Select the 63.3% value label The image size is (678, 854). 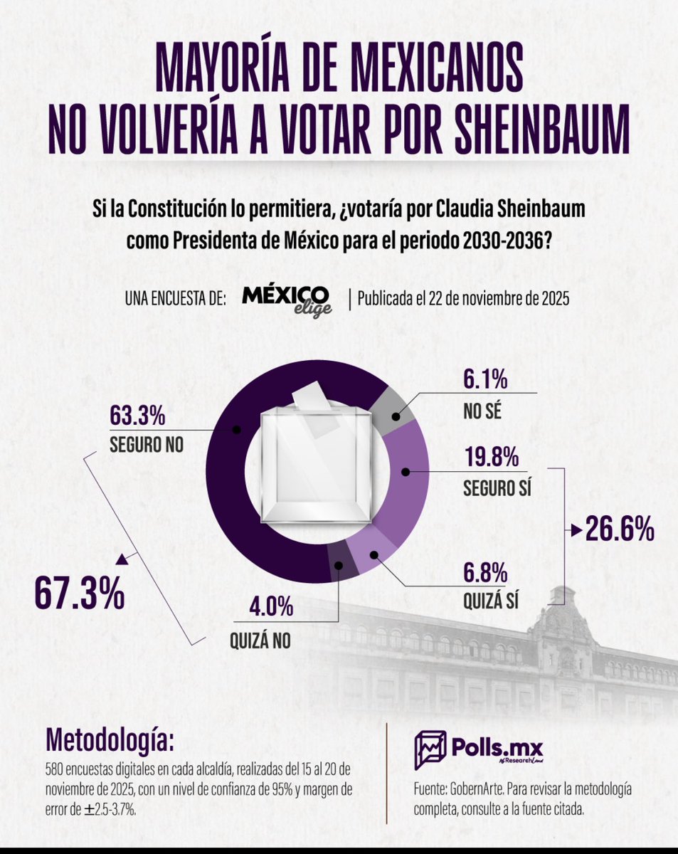click(137, 414)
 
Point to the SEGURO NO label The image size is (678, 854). click(147, 445)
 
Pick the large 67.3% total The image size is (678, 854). click(80, 596)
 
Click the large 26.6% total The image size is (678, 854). click(620, 529)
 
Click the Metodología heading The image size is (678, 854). click(110, 740)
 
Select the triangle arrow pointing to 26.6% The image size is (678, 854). click(573, 529)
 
